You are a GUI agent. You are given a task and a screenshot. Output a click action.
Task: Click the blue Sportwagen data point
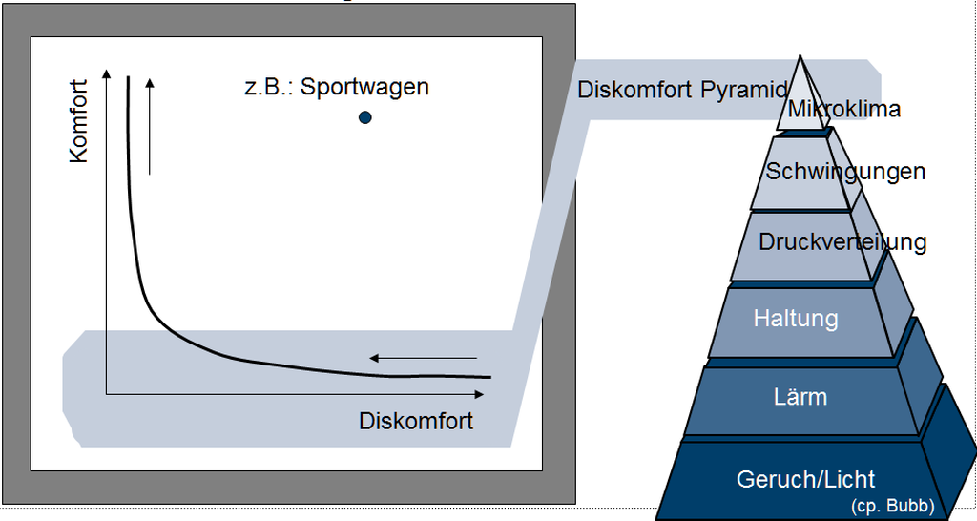(x=364, y=117)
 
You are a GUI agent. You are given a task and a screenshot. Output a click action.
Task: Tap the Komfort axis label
(x=78, y=121)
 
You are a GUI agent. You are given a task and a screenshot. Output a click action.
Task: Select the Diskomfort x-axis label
(x=416, y=421)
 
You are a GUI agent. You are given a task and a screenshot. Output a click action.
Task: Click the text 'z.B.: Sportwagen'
(x=336, y=87)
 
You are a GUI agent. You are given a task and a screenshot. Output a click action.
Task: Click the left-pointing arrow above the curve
(x=422, y=359)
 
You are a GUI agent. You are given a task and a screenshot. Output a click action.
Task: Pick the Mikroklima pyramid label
(x=843, y=109)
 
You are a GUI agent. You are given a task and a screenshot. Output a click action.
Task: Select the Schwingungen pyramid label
(x=845, y=172)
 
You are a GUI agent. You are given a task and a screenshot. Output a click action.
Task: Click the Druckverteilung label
(x=842, y=241)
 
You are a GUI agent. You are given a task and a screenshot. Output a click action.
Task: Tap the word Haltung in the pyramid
(x=796, y=318)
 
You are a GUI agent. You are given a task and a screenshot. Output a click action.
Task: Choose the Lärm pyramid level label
(x=800, y=396)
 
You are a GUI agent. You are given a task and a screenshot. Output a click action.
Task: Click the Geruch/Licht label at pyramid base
(x=806, y=479)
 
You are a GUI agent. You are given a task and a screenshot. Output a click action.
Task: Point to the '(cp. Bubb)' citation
(x=892, y=506)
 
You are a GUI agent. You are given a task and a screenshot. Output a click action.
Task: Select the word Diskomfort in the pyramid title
(x=634, y=92)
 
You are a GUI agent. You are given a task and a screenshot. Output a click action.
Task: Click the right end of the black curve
(x=488, y=377)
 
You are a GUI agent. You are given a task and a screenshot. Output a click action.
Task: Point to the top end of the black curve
(x=128, y=76)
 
